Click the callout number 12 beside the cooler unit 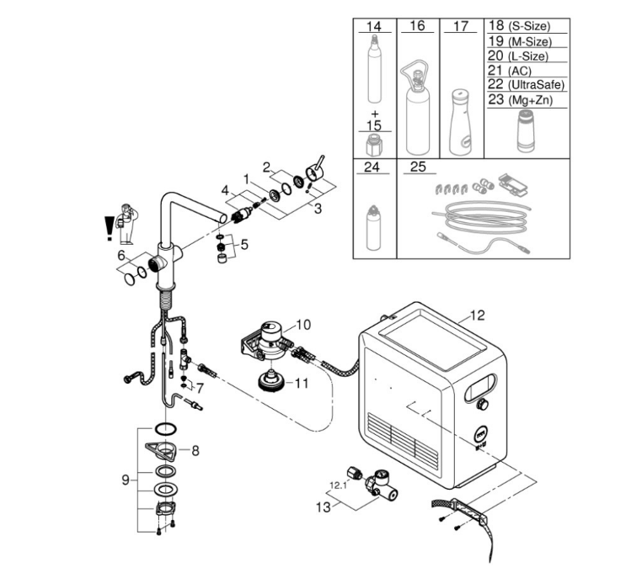[x=478, y=316]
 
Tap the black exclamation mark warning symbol [x=109, y=228]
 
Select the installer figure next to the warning [x=127, y=224]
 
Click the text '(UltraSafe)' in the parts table [x=537, y=85]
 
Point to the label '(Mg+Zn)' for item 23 [x=531, y=100]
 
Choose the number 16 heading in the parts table [x=417, y=26]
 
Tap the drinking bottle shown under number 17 [x=461, y=122]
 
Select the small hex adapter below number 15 [x=374, y=145]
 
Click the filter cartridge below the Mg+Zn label [x=525, y=130]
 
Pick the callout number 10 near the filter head [x=303, y=325]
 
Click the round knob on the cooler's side [x=482, y=405]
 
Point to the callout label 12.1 [x=338, y=485]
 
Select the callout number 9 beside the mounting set [x=126, y=480]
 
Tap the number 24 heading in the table [x=372, y=167]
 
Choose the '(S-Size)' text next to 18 [x=529, y=27]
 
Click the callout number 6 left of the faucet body [x=121, y=255]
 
